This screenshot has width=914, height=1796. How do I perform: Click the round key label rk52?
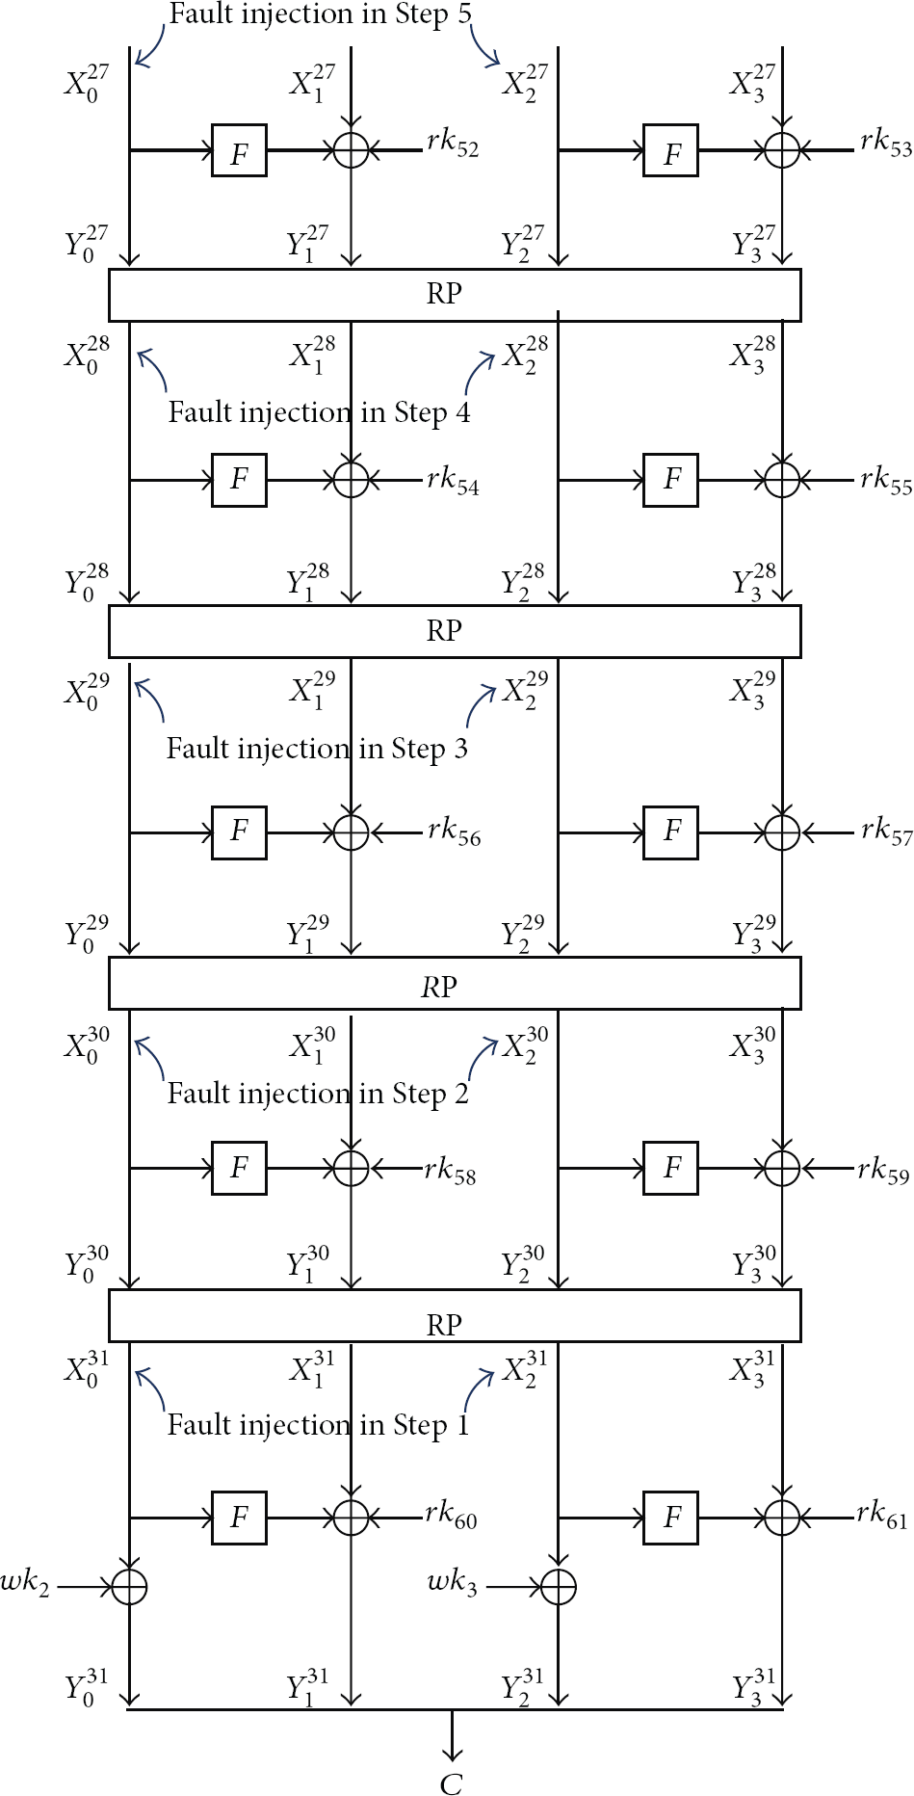click(453, 144)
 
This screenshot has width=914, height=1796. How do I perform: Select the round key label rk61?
click(882, 1516)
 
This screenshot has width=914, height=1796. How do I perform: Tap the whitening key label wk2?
click(25, 1584)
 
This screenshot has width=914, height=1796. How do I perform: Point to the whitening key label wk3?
click(453, 1583)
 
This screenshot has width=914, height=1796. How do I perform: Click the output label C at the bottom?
click(451, 1783)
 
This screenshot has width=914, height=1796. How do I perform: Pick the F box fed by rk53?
click(671, 151)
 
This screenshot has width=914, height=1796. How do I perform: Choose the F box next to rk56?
click(239, 831)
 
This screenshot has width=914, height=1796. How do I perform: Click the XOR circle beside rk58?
click(351, 1169)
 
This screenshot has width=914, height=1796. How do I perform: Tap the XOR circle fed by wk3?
click(558, 1586)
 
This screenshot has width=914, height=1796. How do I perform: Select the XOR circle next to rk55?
click(782, 479)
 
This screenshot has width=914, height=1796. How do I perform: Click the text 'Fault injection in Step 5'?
click(321, 14)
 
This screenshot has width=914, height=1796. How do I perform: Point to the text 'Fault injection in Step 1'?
click(318, 1425)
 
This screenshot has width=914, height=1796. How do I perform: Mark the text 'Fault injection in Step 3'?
click(317, 749)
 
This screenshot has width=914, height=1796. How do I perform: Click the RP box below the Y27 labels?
click(455, 295)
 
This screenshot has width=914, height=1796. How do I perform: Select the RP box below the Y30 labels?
click(455, 1315)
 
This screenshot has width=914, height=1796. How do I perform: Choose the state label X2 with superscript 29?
click(526, 690)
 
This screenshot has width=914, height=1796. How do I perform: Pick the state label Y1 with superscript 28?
click(308, 582)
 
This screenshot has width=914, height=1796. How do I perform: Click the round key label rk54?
click(453, 480)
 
